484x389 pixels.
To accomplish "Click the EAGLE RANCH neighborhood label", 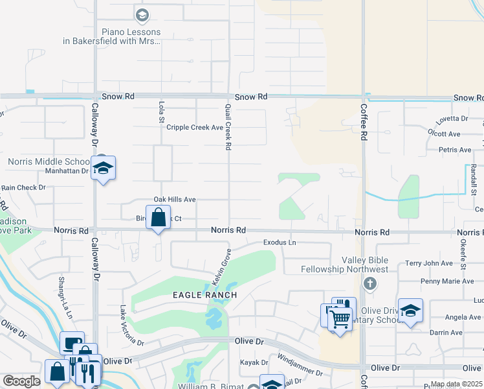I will pos(204,295).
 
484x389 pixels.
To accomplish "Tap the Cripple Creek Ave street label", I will pos(195,128).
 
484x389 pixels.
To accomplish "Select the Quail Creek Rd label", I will pos(228,127).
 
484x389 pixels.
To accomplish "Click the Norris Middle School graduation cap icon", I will pos(103,168).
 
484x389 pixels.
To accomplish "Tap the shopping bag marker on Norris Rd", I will pos(158,218).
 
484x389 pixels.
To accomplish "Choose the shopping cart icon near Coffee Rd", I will pos(340,316).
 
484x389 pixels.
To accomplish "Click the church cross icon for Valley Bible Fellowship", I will pos(370,283).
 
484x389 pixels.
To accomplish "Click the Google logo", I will pos(21,381).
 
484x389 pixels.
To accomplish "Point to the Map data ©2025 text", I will pos(456,384).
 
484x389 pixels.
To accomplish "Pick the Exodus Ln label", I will pos(280,242).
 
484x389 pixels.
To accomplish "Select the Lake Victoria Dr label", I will pos(131,325).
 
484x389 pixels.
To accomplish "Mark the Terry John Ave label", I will pos(429,263).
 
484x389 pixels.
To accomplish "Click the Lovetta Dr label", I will pos(452,119).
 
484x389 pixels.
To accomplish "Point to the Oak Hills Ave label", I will pos(174,200).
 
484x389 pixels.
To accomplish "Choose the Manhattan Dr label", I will pos(66,171).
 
